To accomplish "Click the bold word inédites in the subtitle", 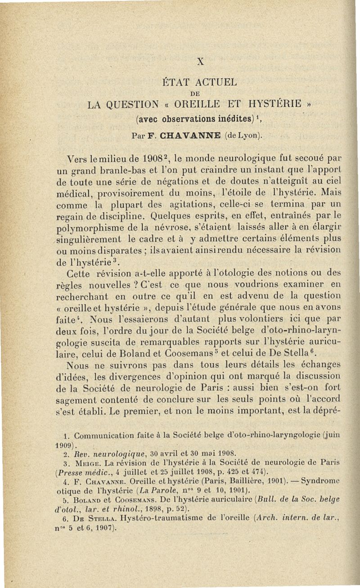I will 225,120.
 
